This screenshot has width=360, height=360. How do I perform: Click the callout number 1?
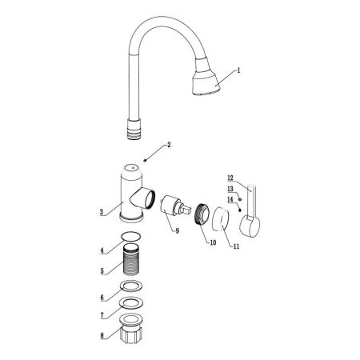pyautogui.click(x=239, y=70)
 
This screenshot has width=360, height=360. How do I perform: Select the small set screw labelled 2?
pyautogui.click(x=145, y=160)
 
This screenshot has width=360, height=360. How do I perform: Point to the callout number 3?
pyautogui.click(x=102, y=212)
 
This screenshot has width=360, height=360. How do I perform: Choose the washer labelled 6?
pyautogui.click(x=131, y=286)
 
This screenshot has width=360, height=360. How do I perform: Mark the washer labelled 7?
pyautogui.click(x=131, y=302)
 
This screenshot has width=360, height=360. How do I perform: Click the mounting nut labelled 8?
pyautogui.click(x=131, y=329)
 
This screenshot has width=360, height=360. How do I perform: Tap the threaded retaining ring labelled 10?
pyautogui.click(x=202, y=214)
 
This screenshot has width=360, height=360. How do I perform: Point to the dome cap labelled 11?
pyautogui.click(x=221, y=219)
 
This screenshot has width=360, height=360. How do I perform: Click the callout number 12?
pyautogui.click(x=230, y=178)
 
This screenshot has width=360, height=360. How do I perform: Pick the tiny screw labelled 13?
pyautogui.click(x=239, y=199)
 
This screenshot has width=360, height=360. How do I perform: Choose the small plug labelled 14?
pyautogui.click(x=239, y=210)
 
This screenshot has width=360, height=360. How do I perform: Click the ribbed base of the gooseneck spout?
pyautogui.click(x=134, y=130)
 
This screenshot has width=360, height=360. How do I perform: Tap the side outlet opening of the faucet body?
pyautogui.click(x=150, y=199)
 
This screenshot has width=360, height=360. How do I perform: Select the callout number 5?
pyautogui.click(x=102, y=271)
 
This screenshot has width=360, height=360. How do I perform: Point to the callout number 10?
pyautogui.click(x=213, y=242)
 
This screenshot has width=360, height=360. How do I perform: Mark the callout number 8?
pyautogui.click(x=102, y=335)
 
